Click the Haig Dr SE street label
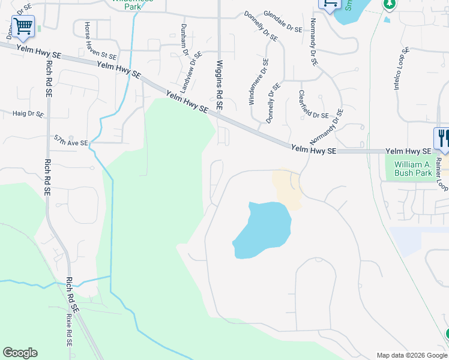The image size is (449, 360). point(28,113)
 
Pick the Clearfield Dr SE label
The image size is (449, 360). point(313,104)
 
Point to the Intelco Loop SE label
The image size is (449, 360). point(402,69)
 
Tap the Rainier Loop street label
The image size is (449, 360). point(443,174)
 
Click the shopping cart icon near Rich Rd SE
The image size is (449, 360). point(23,26)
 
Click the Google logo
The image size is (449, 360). point(20,353)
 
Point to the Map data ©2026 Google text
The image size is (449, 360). point(411,355)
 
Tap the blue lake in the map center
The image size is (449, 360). point(264,230)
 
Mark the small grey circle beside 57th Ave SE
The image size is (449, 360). point(71,137)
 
